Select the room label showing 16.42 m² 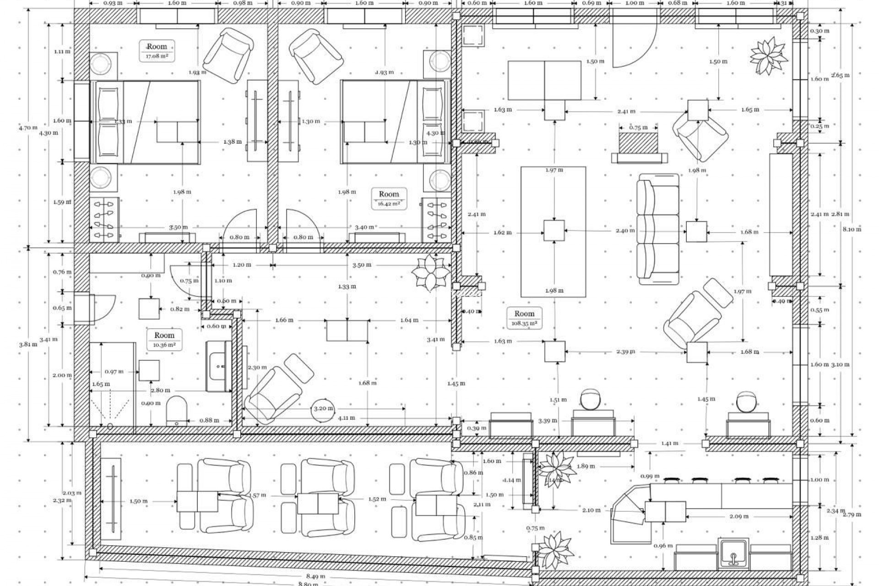(x=389, y=199)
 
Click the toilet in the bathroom (x=176, y=411)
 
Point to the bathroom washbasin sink (x=219, y=366)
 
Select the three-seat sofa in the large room (x=658, y=229)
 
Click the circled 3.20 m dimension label (x=323, y=408)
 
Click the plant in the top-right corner (x=768, y=57)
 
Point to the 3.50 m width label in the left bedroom (x=178, y=227)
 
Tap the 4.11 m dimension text (x=346, y=418)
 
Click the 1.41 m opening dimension (x=669, y=444)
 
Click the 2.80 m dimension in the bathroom (x=161, y=391)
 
